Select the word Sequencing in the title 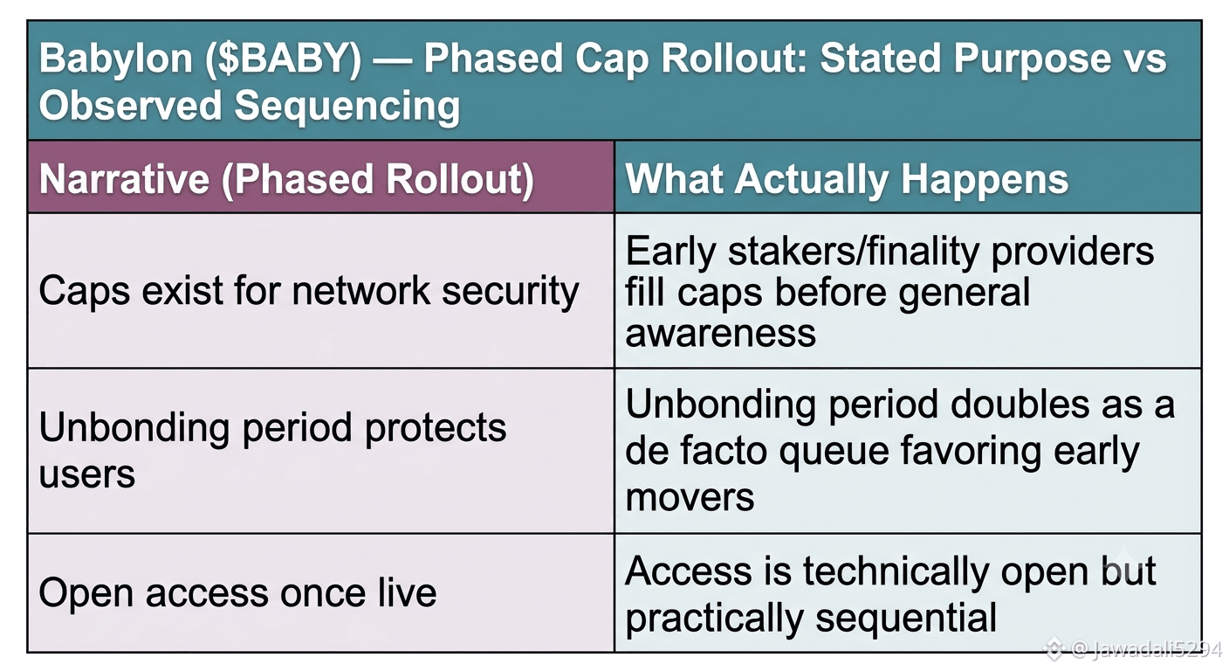point(347,107)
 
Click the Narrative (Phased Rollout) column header point(286,180)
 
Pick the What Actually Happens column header point(847,180)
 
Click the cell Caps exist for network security point(309,292)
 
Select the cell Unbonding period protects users point(272,450)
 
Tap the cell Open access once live point(237,593)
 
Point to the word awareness point(720,333)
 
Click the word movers point(690,497)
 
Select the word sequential point(906,619)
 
